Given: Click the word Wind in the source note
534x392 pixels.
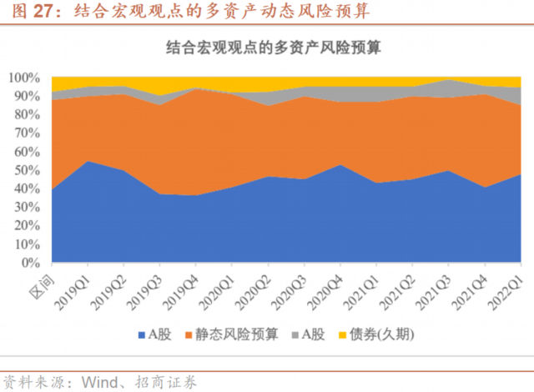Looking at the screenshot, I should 98,382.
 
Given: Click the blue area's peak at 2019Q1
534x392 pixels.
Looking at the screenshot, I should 88,161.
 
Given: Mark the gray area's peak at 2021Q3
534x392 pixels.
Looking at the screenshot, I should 451,80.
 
